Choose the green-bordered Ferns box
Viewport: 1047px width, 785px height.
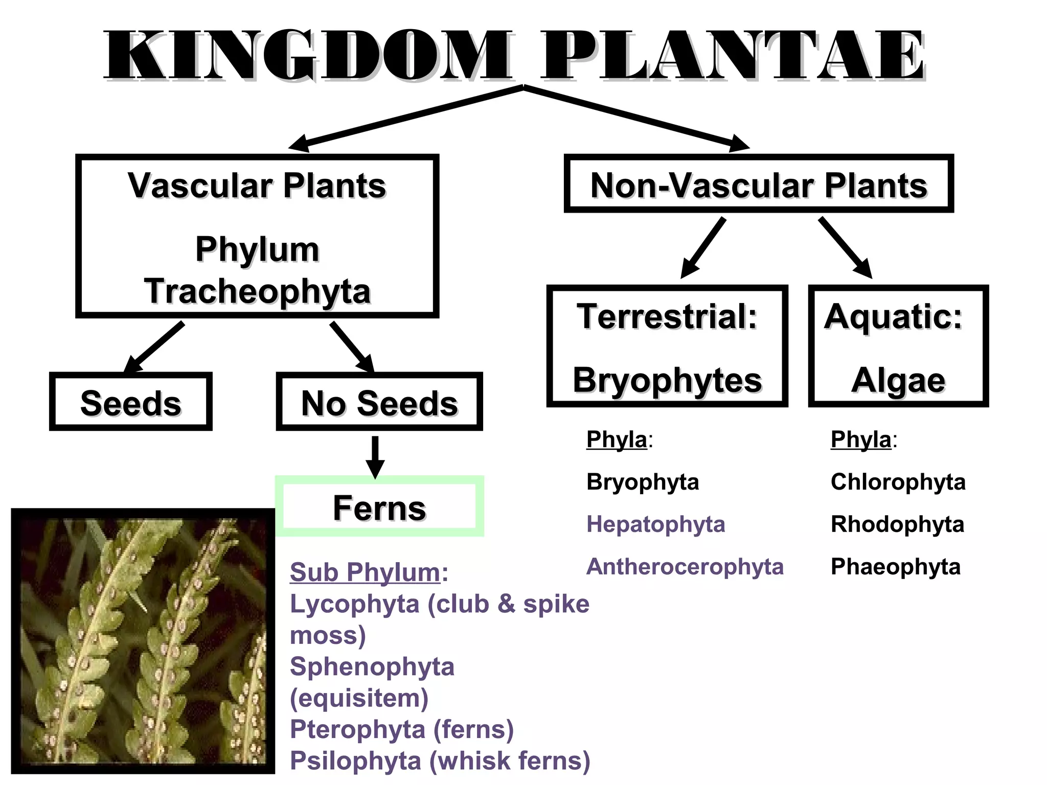pyautogui.click(x=379, y=507)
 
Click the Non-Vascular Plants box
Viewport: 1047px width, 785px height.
pyautogui.click(x=759, y=184)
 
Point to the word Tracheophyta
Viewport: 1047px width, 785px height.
pyautogui.click(x=257, y=291)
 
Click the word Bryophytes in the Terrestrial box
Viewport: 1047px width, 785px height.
pyautogui.click(x=667, y=380)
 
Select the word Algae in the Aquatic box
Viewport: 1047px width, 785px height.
pyautogui.click(x=898, y=380)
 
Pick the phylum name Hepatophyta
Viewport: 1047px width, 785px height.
pyautogui.click(x=655, y=524)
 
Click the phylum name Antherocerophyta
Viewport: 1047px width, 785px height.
pyautogui.click(x=685, y=567)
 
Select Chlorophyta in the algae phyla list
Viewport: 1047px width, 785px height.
pyautogui.click(x=898, y=482)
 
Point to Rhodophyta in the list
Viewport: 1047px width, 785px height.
pyautogui.click(x=897, y=524)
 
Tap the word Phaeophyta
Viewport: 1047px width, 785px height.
pyautogui.click(x=895, y=567)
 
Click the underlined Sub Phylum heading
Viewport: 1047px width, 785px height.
pyautogui.click(x=365, y=572)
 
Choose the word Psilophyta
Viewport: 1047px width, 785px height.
pyautogui.click(x=355, y=760)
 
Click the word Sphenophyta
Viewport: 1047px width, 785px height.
pyautogui.click(x=372, y=666)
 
